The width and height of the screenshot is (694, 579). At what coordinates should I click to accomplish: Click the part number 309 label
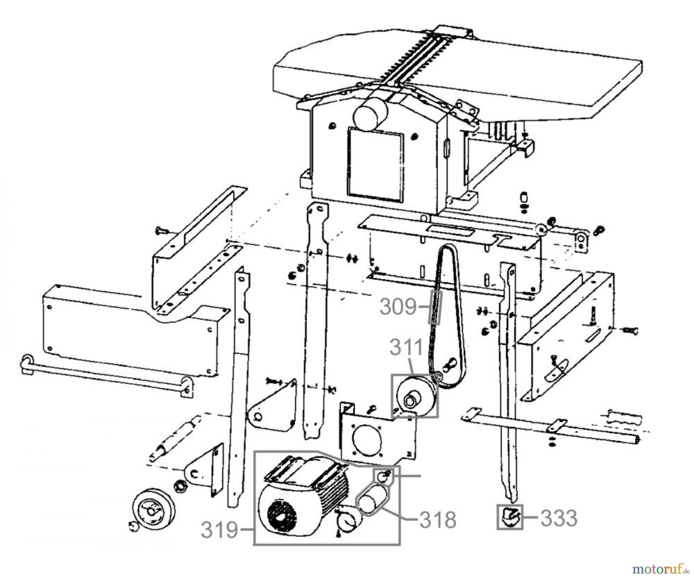pyautogui.click(x=399, y=307)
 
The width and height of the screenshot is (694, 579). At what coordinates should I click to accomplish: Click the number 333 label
pyautogui.click(x=559, y=518)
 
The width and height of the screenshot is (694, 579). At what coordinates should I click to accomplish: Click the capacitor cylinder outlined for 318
pyautogui.click(x=371, y=500)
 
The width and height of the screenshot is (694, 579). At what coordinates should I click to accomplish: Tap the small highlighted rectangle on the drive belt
pyautogui.click(x=435, y=307)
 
